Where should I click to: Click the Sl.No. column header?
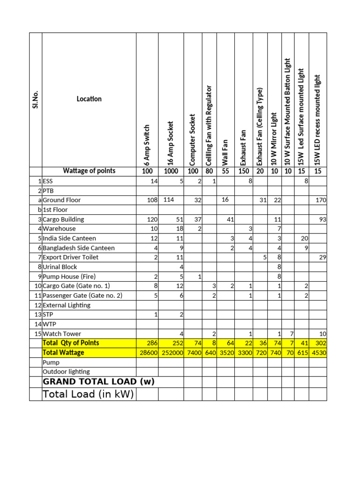[35, 99]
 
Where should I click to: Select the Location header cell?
[89, 99]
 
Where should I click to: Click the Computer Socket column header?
[192, 140]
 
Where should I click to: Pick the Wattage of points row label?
[89, 171]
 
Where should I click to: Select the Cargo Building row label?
[63, 219]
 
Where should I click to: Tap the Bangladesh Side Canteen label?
[78, 248]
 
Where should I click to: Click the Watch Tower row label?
[61, 334]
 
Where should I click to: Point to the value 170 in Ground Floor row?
[321, 200]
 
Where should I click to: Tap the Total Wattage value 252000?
[171, 353]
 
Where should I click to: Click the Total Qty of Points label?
[70, 343]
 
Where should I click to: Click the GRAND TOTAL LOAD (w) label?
[98, 382]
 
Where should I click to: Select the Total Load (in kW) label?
[88, 394]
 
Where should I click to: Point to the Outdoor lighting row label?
[66, 372]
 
